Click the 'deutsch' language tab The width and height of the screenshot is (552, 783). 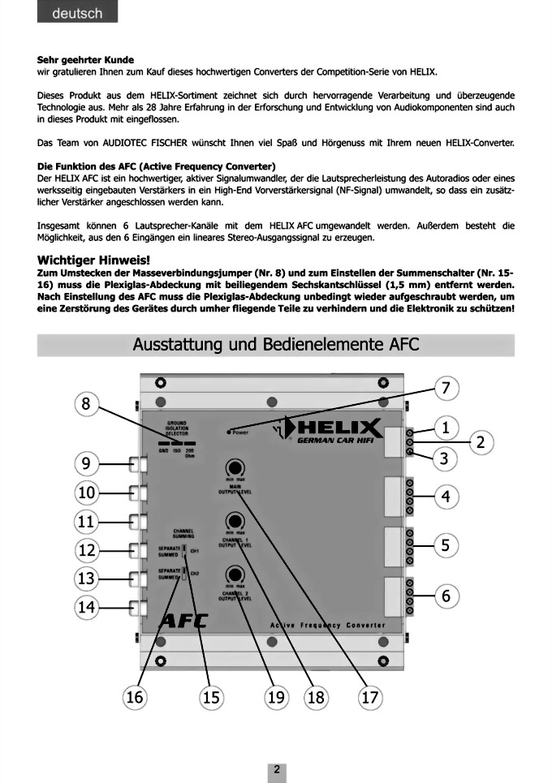77,13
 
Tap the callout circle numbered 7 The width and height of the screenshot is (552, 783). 445,389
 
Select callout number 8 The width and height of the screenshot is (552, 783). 87,403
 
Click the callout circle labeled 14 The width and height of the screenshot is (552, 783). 87,606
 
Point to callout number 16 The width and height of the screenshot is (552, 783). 135,697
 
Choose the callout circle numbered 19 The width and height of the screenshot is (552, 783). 277,697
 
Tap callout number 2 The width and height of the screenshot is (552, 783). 481,442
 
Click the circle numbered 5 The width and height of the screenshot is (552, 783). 445,545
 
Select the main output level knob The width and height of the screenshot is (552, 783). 235,467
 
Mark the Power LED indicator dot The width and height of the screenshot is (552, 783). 230,432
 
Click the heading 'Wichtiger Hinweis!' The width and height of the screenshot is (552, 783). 93,259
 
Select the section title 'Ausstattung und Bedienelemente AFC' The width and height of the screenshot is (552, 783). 276,344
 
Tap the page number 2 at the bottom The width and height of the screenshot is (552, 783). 276,769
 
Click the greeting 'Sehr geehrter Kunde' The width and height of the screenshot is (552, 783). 85,59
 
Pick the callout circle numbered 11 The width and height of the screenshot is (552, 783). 87,521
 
